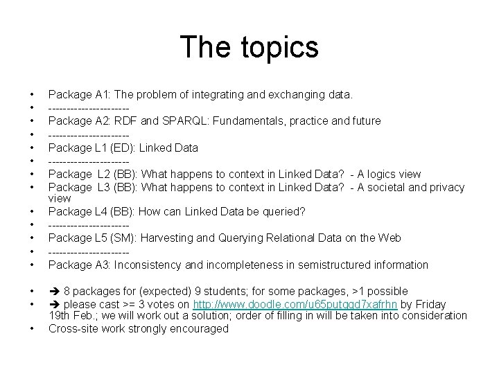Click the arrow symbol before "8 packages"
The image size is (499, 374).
coord(54,291)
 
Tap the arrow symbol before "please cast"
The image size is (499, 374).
coord(54,304)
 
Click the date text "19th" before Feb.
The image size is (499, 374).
coord(60,316)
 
